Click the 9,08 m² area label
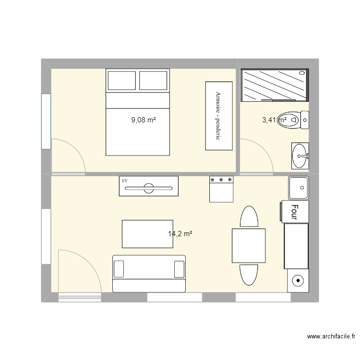pos(144,120)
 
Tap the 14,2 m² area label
pos(180,234)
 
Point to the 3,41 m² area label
pos(275,120)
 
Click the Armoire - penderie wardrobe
pos(219,116)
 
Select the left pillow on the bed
pos(122,80)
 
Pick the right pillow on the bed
pos(153,80)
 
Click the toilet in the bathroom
pos(293,120)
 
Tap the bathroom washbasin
pos(300,156)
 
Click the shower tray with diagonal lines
pos(275,85)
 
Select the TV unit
pos(148,186)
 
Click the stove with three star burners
pos(221,189)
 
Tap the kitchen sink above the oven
pos(299,188)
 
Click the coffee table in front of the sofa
pos(147,234)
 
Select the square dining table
pos(249,246)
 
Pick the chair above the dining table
pos(249,216)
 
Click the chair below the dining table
pos(249,275)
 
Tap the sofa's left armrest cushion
pos(119,269)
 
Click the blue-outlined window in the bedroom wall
pos(46,121)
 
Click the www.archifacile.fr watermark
pos(331,336)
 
